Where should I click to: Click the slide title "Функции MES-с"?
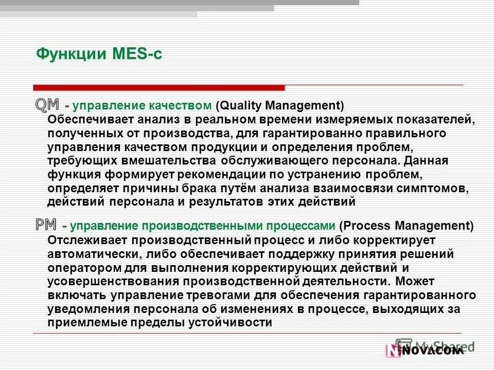click(x=99, y=54)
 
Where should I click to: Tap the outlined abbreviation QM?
click(x=47, y=104)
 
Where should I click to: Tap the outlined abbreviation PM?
click(x=46, y=224)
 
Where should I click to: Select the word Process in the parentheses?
click(x=361, y=226)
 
